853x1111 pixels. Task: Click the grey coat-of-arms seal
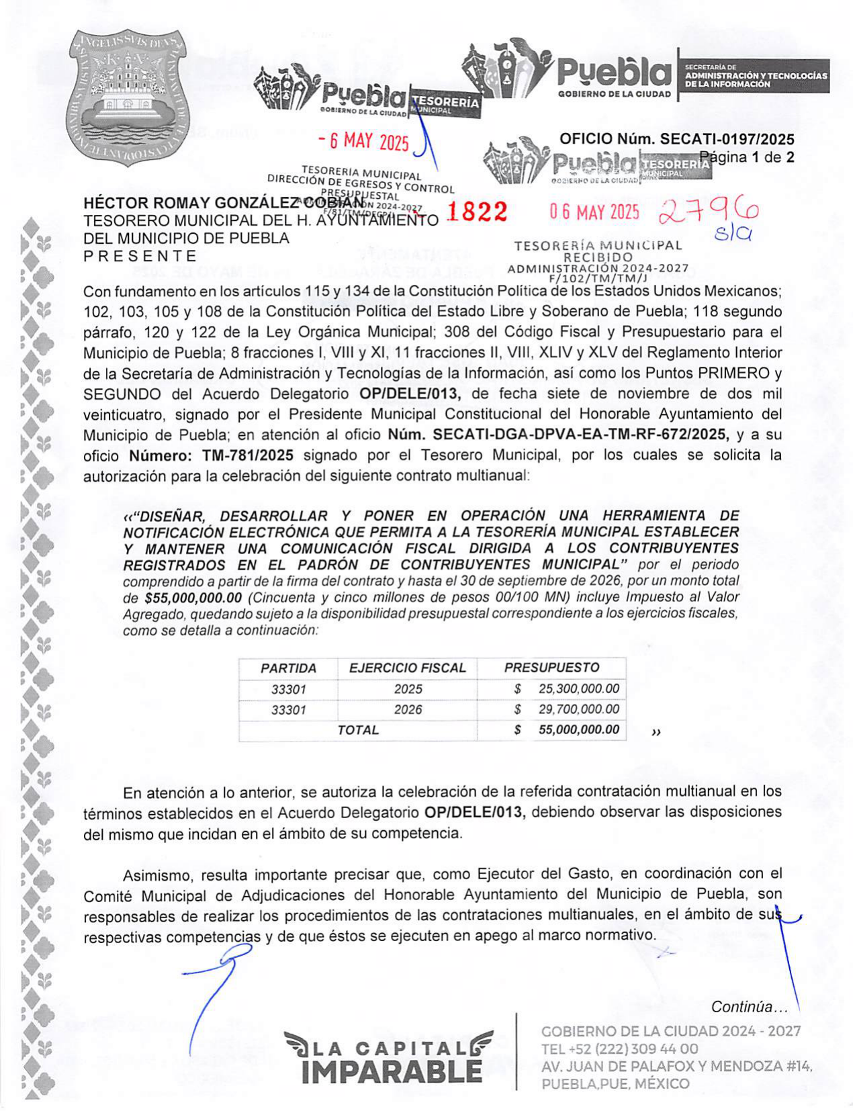(125, 97)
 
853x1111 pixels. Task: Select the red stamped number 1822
(477, 212)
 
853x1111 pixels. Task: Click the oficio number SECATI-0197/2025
(676, 139)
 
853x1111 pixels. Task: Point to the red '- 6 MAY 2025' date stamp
(363, 141)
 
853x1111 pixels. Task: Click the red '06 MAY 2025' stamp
(594, 212)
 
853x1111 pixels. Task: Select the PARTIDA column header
(288, 668)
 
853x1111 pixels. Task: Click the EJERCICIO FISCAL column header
(407, 668)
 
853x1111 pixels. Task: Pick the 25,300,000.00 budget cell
(578, 689)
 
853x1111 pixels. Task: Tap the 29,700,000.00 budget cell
(578, 709)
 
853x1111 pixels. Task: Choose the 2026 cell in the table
(408, 709)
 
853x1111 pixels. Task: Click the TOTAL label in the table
(358, 730)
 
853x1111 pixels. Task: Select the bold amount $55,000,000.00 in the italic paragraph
(193, 597)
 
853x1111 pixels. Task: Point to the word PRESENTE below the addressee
(140, 256)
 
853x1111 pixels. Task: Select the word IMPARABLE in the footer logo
(392, 1070)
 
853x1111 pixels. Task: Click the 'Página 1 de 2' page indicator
(747, 158)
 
